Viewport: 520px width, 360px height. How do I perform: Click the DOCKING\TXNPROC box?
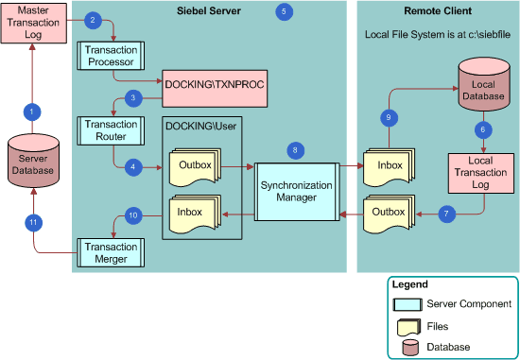click(x=213, y=85)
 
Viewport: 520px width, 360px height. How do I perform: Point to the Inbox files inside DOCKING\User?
click(x=194, y=214)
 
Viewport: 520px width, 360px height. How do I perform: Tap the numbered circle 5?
click(x=285, y=11)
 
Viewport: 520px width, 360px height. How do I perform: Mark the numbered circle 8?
click(x=296, y=149)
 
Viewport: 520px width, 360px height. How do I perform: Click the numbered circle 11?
click(x=31, y=223)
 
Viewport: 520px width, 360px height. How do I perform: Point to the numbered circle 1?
click(x=31, y=111)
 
